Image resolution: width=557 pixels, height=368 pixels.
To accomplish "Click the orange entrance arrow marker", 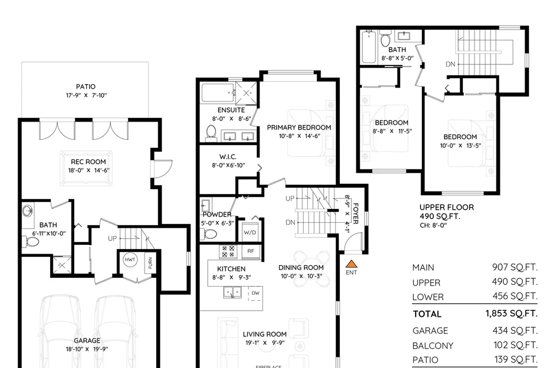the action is (351, 263).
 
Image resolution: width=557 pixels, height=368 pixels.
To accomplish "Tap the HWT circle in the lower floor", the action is (130, 260).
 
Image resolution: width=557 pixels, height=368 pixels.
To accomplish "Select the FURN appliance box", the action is (150, 263).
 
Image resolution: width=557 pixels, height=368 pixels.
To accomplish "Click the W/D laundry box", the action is (250, 232).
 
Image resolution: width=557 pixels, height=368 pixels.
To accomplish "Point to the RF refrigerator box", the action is (250, 251).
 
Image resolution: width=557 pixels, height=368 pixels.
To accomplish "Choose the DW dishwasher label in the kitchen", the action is (256, 293).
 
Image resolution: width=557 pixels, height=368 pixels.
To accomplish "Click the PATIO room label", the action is (86, 87).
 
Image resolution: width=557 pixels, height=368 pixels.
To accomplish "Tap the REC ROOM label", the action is (89, 162).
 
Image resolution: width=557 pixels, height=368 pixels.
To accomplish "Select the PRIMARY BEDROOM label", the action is (299, 128).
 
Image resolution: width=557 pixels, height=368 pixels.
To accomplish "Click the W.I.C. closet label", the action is (228, 157).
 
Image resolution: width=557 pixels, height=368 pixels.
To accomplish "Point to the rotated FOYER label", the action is (356, 213).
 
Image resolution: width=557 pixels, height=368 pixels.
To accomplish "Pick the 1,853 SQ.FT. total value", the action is (511, 314).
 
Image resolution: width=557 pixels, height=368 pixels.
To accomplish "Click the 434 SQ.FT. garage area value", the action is (515, 331).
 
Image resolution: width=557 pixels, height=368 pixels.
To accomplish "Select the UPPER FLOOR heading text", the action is (446, 207).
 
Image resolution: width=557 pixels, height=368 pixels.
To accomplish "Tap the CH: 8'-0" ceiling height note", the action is (433, 225).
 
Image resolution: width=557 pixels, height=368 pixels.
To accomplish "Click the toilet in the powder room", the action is (210, 234).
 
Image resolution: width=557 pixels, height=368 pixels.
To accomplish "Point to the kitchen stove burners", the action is (228, 251).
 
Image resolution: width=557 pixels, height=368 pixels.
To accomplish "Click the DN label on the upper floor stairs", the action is (450, 64).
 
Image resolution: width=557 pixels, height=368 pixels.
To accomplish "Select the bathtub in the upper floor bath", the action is (369, 47).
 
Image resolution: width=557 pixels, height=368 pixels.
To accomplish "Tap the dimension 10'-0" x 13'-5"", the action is (460, 146).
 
